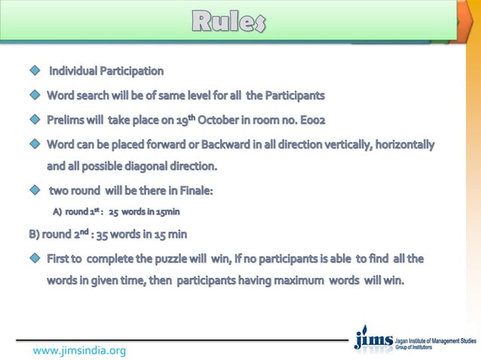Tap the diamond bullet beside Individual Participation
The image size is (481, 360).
click(x=33, y=72)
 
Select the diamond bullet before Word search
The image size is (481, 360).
click(x=33, y=96)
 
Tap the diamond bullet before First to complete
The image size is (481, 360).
click(x=33, y=259)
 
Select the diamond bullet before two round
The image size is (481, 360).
click(x=33, y=191)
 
